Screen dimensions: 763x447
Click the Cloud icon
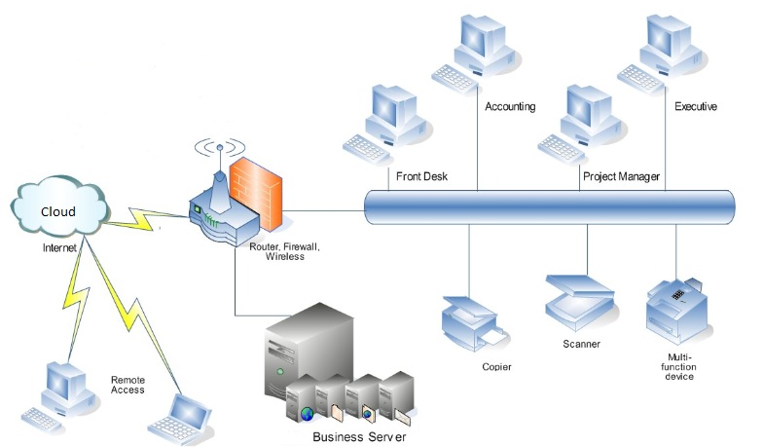(x=58, y=206)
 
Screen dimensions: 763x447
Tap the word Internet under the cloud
(x=59, y=247)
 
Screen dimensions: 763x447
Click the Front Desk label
(x=421, y=176)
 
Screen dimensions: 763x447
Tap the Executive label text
(x=695, y=107)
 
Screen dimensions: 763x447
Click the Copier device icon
(x=473, y=323)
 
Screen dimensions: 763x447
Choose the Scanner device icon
(x=579, y=302)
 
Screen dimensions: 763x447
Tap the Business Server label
(x=359, y=436)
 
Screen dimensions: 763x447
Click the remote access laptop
(x=181, y=418)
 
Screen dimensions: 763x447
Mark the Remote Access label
(x=127, y=385)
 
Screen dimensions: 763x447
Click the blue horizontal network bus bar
(x=549, y=207)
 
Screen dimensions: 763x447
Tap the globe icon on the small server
(x=308, y=414)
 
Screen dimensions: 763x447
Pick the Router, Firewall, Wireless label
(x=284, y=251)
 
